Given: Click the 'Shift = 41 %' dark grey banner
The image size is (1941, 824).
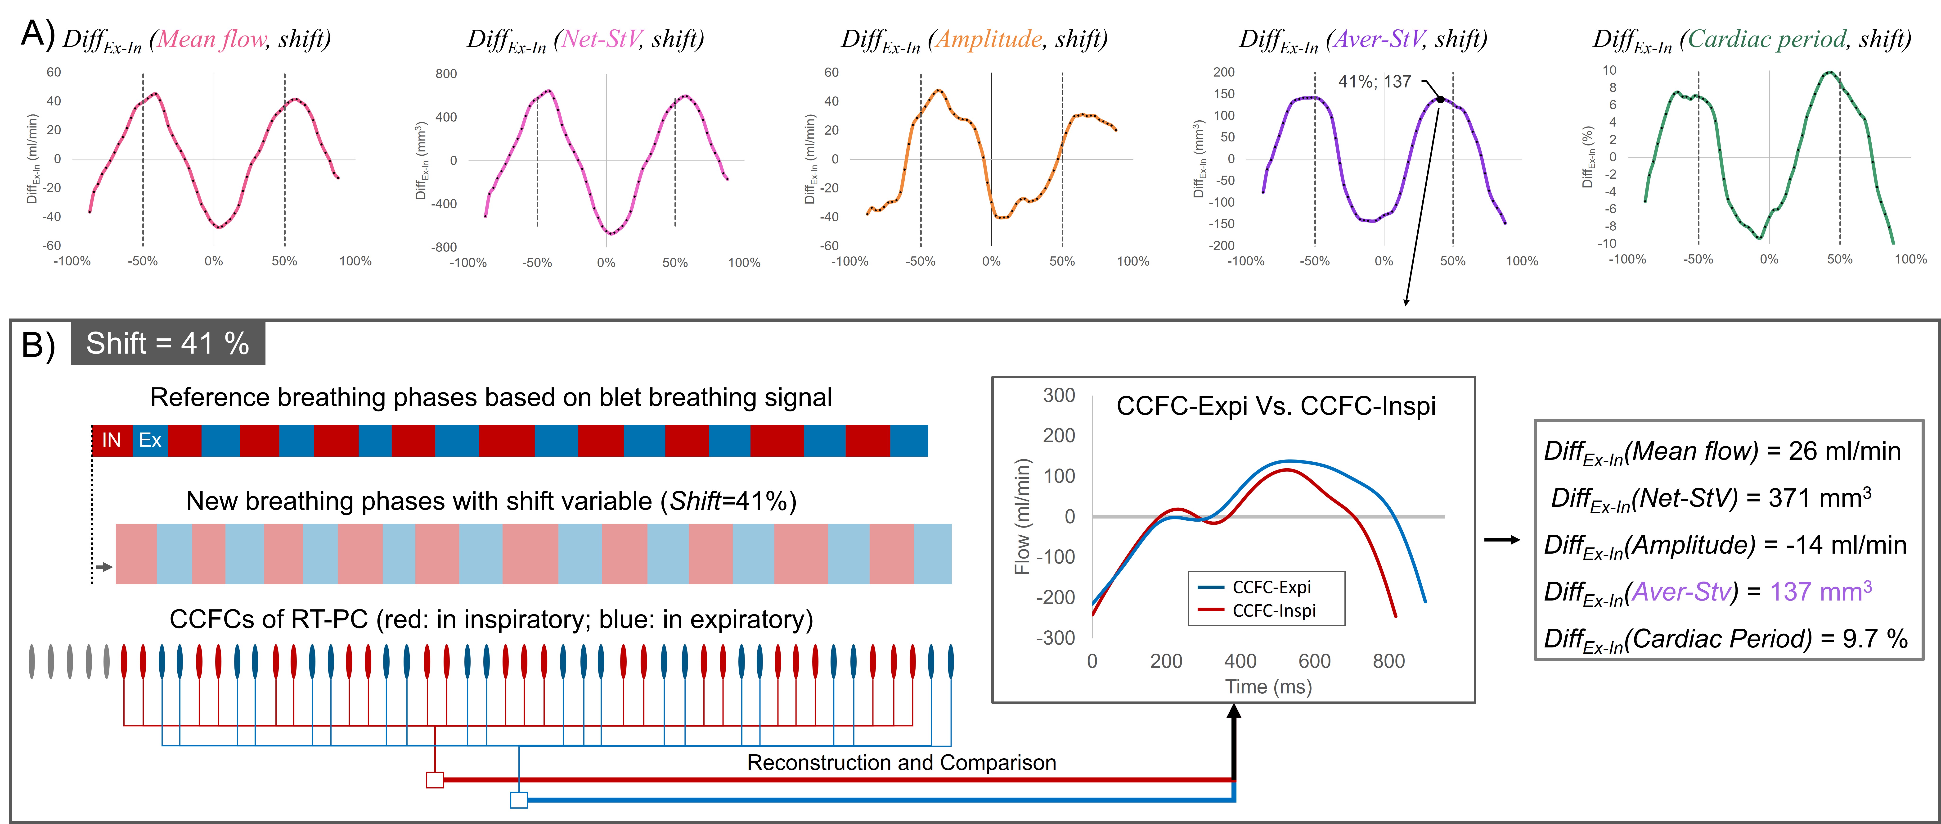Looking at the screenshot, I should tap(167, 344).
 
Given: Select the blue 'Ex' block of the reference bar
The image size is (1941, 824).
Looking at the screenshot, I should tap(150, 440).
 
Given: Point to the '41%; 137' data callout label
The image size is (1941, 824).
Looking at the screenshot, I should tap(1374, 82).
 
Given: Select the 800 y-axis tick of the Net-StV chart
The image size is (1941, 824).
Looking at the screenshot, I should tap(446, 74).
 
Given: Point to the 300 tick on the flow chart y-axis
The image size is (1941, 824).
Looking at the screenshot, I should tap(1059, 396).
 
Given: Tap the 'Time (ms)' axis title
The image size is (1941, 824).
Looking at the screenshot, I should tap(1268, 687).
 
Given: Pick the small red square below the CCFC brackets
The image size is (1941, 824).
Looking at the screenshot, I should tap(435, 779).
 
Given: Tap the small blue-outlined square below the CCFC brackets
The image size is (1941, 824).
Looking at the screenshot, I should tap(519, 800).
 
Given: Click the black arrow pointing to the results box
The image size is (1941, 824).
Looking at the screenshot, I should tap(1502, 540).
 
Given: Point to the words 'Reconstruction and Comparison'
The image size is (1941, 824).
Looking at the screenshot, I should tap(901, 763).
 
